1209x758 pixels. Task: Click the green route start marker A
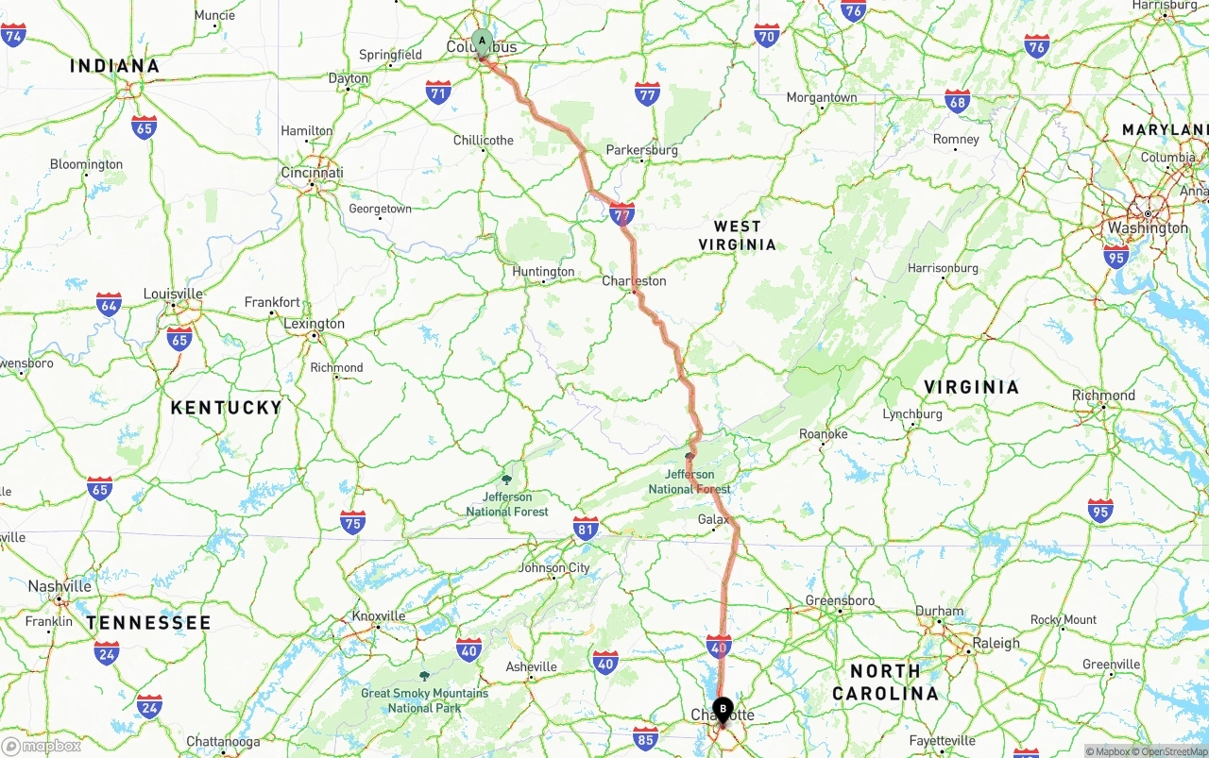click(482, 42)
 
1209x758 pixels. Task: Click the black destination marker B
click(723, 708)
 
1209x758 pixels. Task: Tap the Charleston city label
click(635, 280)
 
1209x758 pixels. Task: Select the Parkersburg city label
click(642, 150)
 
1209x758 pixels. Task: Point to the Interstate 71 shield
click(438, 92)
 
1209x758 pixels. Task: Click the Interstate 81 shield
click(586, 528)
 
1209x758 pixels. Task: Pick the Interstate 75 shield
click(352, 522)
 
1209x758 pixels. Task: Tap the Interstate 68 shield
click(958, 102)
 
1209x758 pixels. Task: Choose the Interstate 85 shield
click(645, 737)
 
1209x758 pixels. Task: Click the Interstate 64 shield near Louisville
click(109, 304)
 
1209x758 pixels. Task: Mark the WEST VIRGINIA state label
click(738, 235)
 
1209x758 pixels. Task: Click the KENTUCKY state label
click(226, 408)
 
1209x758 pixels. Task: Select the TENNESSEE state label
click(148, 623)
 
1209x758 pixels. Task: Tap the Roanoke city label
click(824, 434)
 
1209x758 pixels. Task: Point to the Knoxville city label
click(379, 616)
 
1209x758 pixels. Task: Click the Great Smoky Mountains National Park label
click(425, 699)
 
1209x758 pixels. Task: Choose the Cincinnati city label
click(312, 173)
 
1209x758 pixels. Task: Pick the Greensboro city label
click(840, 600)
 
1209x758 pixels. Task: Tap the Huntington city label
click(543, 272)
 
